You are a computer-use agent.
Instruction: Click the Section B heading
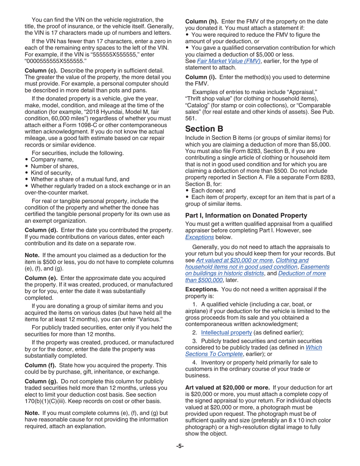[204, 129]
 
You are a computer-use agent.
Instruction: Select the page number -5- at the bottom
[180, 446]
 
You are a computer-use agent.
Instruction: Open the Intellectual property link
[226, 332]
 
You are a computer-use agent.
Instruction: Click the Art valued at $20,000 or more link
[234, 260]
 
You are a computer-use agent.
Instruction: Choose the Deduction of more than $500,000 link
[255, 273]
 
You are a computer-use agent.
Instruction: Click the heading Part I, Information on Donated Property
[246, 216]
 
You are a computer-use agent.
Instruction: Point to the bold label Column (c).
[41, 71]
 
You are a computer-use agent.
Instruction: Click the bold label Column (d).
[41, 230]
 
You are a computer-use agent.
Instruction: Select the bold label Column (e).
[41, 278]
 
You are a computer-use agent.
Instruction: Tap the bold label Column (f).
[41, 365]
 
